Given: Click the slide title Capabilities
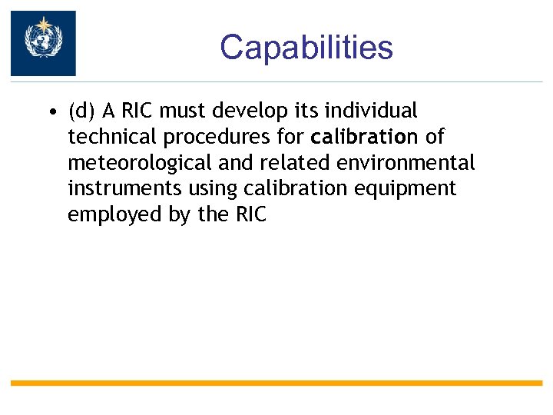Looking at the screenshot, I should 306,48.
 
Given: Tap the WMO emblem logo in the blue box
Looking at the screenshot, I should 43,43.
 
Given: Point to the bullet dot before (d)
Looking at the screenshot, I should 50,112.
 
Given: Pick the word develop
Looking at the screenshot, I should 250,112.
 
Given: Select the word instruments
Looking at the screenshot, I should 117,189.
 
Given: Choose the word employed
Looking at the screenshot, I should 114,215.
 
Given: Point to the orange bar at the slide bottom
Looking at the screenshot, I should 276,383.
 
